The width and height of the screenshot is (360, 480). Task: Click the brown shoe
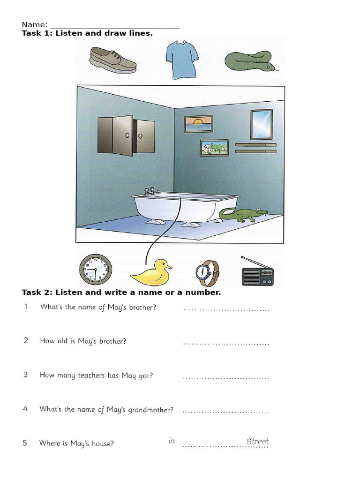tap(112, 60)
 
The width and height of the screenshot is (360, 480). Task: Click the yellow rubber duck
tap(150, 273)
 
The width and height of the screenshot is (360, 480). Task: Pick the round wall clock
tap(96, 270)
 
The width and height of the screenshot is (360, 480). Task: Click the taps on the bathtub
tap(152, 191)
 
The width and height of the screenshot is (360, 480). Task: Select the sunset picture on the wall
tap(198, 124)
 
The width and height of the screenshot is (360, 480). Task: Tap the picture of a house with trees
tap(214, 148)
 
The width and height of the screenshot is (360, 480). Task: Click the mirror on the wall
tap(261, 124)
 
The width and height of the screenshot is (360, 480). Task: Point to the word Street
tap(257, 442)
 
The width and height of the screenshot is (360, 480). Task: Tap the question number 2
tap(26, 341)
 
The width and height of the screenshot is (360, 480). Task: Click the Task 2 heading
tap(121, 292)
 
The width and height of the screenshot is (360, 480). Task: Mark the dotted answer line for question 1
tap(226, 310)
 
